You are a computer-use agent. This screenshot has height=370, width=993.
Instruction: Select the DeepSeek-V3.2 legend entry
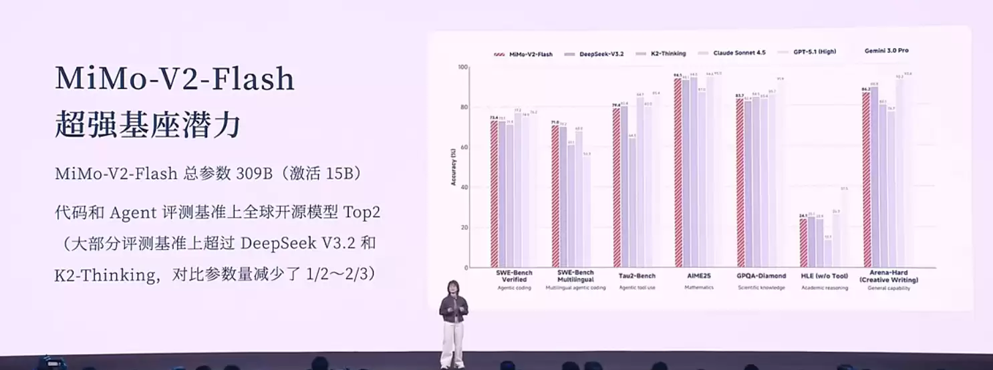(x=597, y=52)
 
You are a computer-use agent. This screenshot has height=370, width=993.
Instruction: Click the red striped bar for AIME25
(x=678, y=173)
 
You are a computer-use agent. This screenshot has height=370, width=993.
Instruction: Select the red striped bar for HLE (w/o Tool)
(x=803, y=243)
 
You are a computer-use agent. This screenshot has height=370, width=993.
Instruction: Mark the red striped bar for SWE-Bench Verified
(x=494, y=194)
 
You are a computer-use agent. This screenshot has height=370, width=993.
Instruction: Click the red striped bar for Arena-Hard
(x=866, y=180)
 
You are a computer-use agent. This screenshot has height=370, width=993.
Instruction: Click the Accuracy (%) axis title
(x=454, y=168)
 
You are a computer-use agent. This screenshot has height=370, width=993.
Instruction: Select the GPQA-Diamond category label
(x=762, y=276)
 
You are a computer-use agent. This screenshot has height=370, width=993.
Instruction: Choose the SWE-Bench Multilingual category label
(x=575, y=276)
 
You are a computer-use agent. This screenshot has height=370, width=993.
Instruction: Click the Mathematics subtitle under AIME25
(x=698, y=288)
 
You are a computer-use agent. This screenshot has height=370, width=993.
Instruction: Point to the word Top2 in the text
(x=362, y=212)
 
